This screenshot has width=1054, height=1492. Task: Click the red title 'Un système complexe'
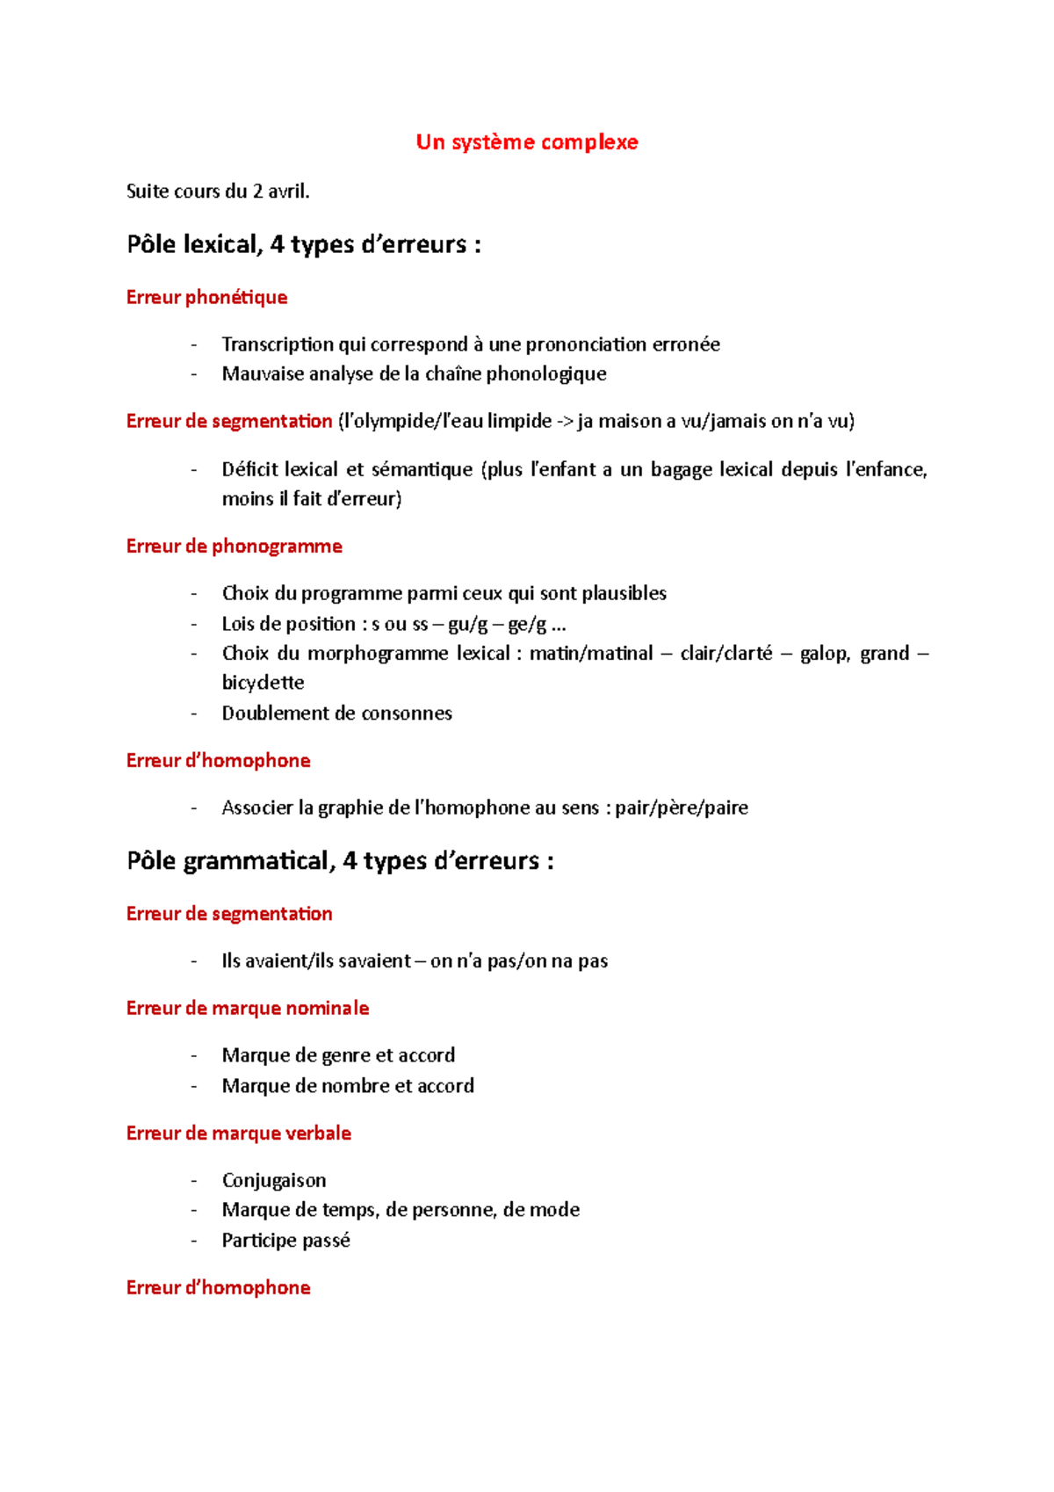(526, 142)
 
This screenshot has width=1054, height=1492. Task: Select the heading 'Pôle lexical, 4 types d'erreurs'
(303, 244)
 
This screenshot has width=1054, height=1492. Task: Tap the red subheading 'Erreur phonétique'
(206, 297)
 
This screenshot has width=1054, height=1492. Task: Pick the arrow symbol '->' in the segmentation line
(564, 422)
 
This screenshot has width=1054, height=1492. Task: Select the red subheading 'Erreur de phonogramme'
(234, 547)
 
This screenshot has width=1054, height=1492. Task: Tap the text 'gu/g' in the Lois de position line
(467, 625)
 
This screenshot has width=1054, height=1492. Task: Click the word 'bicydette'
(263, 683)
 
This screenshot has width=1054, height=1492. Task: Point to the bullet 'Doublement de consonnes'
(336, 713)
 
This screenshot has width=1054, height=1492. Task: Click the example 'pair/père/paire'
(681, 808)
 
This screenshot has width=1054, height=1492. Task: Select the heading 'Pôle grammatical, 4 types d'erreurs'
(340, 861)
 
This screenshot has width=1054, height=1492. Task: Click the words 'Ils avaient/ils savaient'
(316, 961)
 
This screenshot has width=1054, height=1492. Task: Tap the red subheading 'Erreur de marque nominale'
(247, 1009)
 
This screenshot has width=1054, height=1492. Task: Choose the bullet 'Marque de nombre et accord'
(347, 1086)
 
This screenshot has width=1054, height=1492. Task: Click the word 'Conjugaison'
(273, 1180)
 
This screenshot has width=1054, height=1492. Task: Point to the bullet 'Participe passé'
(285, 1241)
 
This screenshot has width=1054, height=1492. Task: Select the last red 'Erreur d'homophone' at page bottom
(218, 1288)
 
